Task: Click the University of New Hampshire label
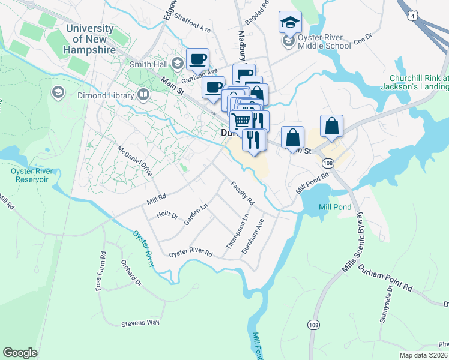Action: tap(91, 40)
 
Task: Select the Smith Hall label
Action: tap(147, 63)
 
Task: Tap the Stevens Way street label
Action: tap(140, 323)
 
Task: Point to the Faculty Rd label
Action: tap(243, 193)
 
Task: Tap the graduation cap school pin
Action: tap(290, 22)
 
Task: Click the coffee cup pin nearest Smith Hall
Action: tap(197, 59)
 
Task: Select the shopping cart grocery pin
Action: tap(241, 120)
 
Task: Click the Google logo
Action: tap(20, 353)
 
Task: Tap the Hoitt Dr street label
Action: tap(167, 214)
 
